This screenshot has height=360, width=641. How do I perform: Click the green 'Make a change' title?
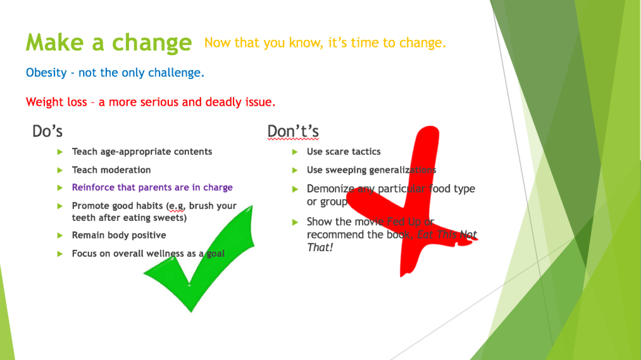pos(109,43)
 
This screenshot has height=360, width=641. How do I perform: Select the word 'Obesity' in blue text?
pos(46,73)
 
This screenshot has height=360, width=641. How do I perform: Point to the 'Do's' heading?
pos(48,131)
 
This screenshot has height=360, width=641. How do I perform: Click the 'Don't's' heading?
pos(293,131)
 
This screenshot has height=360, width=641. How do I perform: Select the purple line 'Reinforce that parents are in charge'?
pos(152,187)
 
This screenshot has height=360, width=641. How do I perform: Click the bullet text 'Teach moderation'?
pos(111,170)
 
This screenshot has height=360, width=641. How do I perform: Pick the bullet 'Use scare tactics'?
pos(344,152)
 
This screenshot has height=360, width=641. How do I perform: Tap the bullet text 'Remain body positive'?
pos(119,235)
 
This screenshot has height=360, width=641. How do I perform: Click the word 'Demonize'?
pos(331,188)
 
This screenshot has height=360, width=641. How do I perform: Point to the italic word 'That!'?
pos(320,247)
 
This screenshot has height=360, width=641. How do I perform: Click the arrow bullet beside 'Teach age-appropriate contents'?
pos(60,152)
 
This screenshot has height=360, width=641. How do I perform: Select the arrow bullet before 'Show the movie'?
pos(295,222)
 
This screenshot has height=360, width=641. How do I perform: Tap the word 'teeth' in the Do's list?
pos(83,218)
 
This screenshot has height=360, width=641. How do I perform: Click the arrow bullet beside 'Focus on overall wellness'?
pos(60,254)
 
